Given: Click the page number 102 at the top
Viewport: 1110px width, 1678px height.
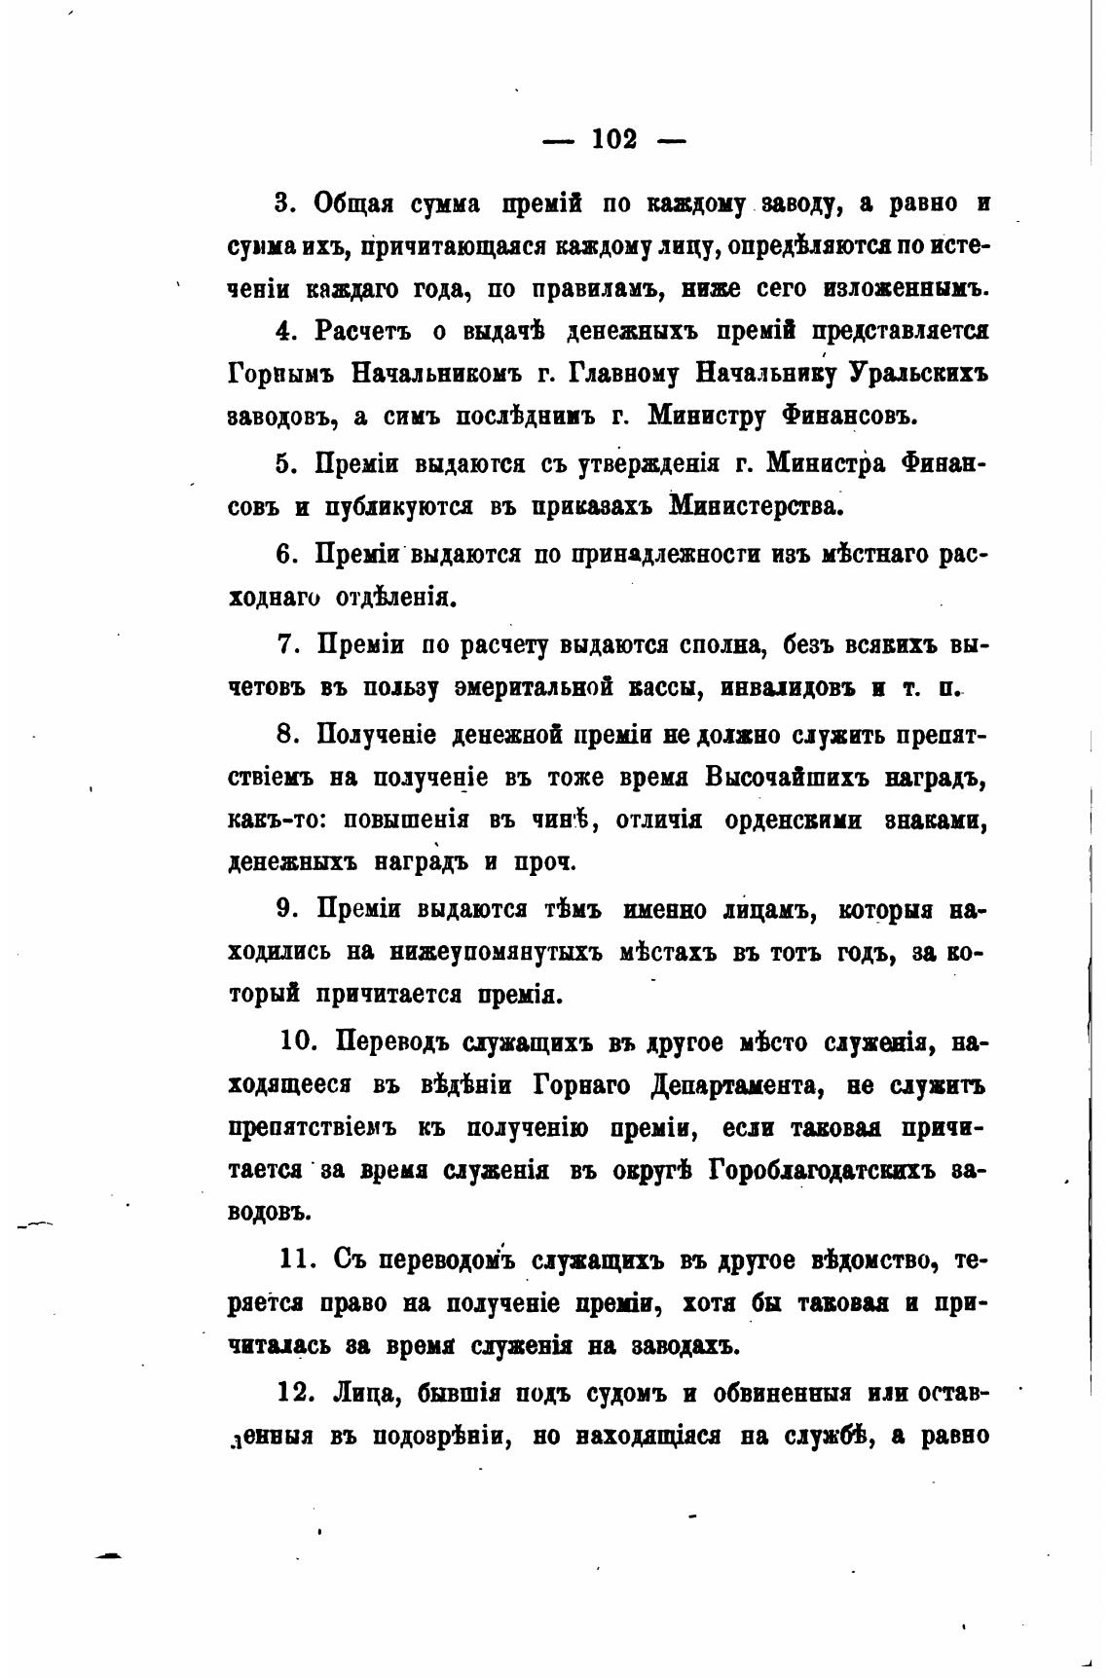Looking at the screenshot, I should (x=614, y=140).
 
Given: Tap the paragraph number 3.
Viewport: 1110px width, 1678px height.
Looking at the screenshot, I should (x=283, y=203).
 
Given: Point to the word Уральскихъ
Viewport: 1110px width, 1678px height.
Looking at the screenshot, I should (x=919, y=374).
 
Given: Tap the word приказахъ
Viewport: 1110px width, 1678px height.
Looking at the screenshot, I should (x=591, y=507).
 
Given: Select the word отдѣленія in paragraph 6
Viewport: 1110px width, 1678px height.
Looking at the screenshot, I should (x=396, y=597).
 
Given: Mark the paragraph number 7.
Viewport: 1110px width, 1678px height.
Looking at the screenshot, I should (x=283, y=644).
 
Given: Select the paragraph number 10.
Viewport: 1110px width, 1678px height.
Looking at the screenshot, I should (x=297, y=1042).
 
